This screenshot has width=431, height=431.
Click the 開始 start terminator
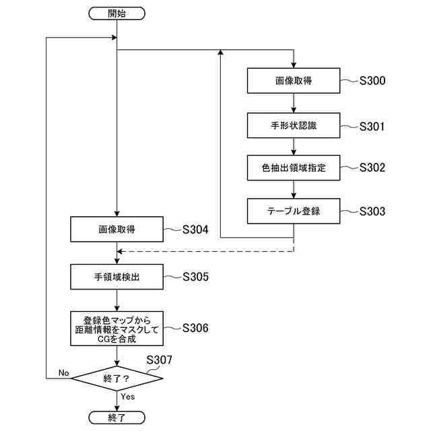[x=117, y=13]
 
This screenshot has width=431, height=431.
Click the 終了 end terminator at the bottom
[x=117, y=418]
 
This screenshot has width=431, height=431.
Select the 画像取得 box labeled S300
[x=294, y=81]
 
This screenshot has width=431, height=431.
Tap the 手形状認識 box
[x=294, y=125]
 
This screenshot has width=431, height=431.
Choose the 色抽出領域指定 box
[x=294, y=168]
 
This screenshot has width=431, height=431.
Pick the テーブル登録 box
[x=294, y=211]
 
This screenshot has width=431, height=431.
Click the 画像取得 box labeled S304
[x=117, y=229]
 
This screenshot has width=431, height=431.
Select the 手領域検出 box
[x=117, y=277]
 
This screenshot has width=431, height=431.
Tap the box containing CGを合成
[x=117, y=329]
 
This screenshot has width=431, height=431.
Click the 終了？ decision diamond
[x=117, y=378]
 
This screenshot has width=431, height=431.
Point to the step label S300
[x=372, y=81]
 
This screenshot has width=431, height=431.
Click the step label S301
[x=372, y=127]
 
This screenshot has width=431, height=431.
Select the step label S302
[x=372, y=168]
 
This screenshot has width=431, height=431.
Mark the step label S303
[x=372, y=211]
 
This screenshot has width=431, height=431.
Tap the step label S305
[x=195, y=277]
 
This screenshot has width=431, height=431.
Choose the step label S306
[x=195, y=328]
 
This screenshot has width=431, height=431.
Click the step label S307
[x=159, y=360]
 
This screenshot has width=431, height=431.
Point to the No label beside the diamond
[x=64, y=373]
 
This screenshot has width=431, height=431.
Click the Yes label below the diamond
[x=128, y=397]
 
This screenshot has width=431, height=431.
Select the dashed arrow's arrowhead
[x=120, y=251]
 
